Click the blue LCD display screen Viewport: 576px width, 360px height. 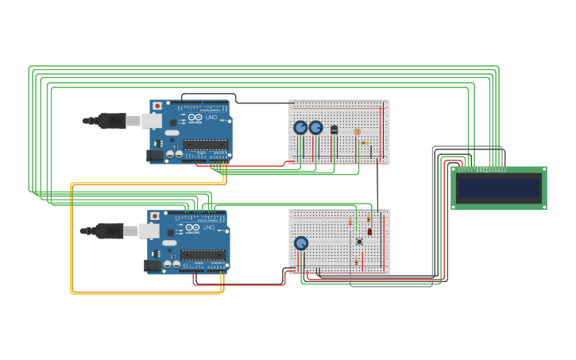[x=499, y=188]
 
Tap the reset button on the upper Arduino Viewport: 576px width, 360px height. [x=157, y=106]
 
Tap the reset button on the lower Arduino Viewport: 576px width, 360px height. [x=155, y=216]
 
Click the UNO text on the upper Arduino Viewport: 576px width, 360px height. [x=211, y=118]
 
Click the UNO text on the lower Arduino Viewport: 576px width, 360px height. [x=209, y=228]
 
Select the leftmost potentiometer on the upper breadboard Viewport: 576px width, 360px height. [x=300, y=127]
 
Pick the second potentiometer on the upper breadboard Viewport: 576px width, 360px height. [x=315, y=127]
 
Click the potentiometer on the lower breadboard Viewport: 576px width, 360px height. [x=301, y=243]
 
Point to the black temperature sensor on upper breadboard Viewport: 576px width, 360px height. [x=334, y=129]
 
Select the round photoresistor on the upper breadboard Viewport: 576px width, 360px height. [x=357, y=132]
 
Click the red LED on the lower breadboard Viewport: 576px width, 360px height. [x=369, y=231]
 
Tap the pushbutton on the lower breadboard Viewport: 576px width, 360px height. [x=359, y=241]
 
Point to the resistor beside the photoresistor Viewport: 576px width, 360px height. [x=364, y=143]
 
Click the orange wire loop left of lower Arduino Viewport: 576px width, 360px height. [x=72, y=238]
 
